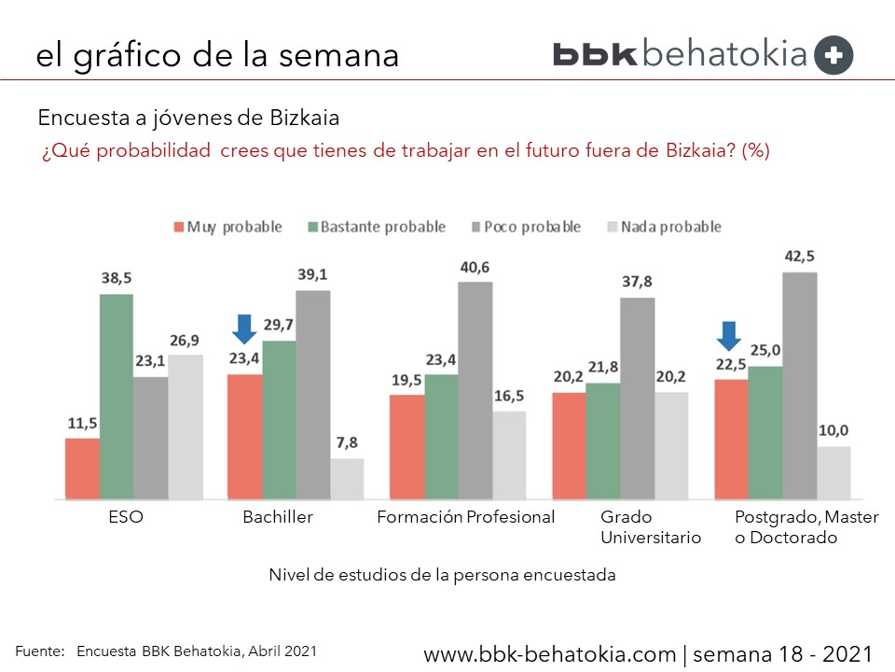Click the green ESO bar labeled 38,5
[x=117, y=397]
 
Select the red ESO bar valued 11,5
[x=82, y=469]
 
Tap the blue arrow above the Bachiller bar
[x=243, y=329]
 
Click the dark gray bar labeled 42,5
[x=800, y=385]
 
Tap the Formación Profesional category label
[x=465, y=517]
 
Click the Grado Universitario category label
[x=651, y=527]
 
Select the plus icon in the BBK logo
[x=833, y=55]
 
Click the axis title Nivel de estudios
[x=442, y=575]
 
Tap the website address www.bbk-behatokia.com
[x=551, y=652]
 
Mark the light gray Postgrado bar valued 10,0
[x=834, y=472]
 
